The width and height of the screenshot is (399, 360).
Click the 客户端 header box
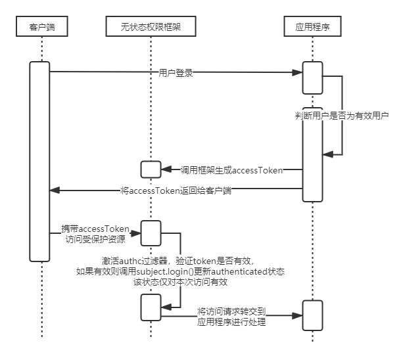click(x=42, y=26)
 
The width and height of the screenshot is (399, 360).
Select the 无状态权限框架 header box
click(x=151, y=26)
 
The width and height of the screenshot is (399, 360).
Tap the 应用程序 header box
click(x=312, y=26)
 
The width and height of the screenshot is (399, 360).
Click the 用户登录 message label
click(x=176, y=73)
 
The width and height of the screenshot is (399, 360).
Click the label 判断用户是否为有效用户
click(x=342, y=116)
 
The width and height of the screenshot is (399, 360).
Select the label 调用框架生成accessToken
click(x=231, y=170)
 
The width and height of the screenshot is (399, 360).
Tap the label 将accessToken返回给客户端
click(x=176, y=191)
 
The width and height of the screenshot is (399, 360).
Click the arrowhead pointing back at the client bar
click(x=55, y=190)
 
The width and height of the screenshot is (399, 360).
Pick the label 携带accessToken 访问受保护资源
click(x=95, y=234)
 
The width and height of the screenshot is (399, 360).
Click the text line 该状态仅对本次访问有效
click(x=180, y=282)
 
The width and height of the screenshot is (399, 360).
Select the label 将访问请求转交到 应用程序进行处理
click(x=231, y=317)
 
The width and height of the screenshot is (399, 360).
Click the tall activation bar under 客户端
click(x=39, y=162)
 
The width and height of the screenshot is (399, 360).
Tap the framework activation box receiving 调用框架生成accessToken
click(x=151, y=169)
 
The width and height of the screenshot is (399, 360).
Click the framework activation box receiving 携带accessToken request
click(x=151, y=233)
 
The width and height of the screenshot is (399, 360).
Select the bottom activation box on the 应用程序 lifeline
click(x=312, y=315)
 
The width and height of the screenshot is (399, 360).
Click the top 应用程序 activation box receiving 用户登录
click(x=312, y=78)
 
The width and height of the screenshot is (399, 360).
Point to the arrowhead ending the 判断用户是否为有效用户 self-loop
click(x=328, y=154)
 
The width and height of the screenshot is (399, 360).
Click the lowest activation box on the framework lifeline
click(x=151, y=307)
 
